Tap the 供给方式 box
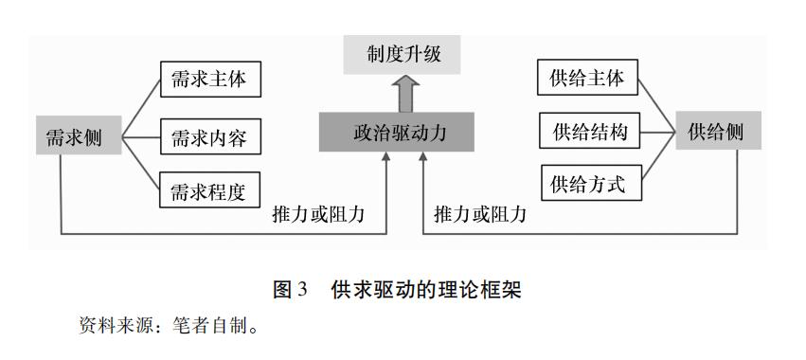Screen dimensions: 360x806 point(587,182)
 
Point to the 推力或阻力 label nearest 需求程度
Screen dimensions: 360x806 point(317,213)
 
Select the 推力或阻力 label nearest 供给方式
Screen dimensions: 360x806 point(480,213)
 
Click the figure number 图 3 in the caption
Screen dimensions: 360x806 point(291,290)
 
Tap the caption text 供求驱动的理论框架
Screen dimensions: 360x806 point(426,290)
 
